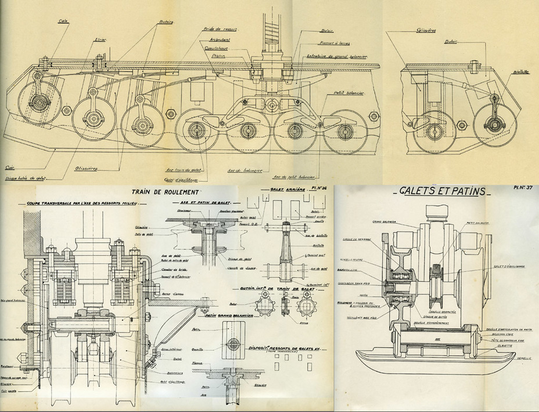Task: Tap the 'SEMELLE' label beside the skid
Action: [524, 359]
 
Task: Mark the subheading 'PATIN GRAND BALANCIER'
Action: [228, 314]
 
